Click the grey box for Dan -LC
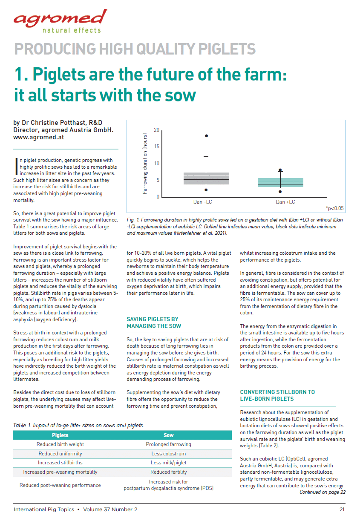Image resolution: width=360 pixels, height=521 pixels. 206,178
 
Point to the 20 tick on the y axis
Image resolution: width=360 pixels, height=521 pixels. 156,130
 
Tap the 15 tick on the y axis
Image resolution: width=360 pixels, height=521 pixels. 156,147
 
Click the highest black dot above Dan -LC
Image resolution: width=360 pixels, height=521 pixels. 207,136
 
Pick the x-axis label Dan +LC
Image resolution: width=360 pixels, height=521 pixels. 285,202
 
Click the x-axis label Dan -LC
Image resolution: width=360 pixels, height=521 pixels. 203,202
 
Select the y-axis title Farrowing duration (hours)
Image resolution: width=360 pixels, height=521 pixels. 144,163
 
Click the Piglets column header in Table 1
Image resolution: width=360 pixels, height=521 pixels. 60,435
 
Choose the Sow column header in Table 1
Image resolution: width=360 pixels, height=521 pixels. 168,435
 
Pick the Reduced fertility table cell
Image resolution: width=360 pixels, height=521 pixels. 168,472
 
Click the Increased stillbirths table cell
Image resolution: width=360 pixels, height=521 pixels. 60,463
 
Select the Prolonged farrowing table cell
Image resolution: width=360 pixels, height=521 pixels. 168,444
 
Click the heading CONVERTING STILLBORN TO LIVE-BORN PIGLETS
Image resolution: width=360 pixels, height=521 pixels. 277,395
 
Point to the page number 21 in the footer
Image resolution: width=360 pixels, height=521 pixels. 342,509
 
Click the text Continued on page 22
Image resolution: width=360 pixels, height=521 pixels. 322,492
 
